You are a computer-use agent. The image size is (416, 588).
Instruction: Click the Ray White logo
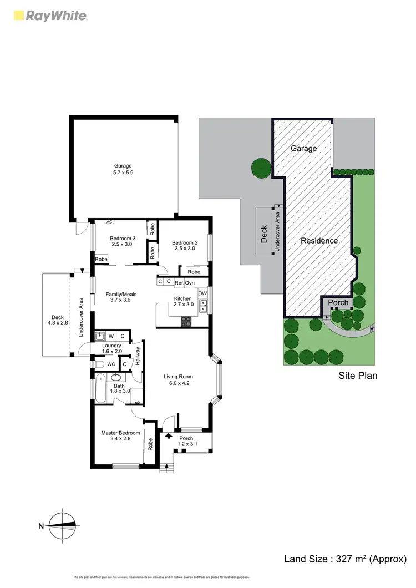pos(49,16)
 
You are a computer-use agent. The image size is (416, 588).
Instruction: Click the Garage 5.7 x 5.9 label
pos(124,169)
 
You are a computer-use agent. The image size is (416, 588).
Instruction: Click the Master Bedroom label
pos(120,436)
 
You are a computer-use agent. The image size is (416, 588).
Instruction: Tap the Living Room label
pos(178,380)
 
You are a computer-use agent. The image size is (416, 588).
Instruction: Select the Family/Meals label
pos(121,297)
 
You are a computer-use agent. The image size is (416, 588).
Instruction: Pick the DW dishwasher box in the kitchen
pos(202,293)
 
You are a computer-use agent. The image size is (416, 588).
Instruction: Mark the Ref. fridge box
pos(179,282)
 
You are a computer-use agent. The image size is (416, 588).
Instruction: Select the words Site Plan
pos(358,376)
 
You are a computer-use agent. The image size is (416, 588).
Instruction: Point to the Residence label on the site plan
pos(319,241)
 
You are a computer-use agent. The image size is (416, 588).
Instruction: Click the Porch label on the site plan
pos(338,302)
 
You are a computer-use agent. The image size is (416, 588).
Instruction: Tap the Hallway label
pos(137,354)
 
